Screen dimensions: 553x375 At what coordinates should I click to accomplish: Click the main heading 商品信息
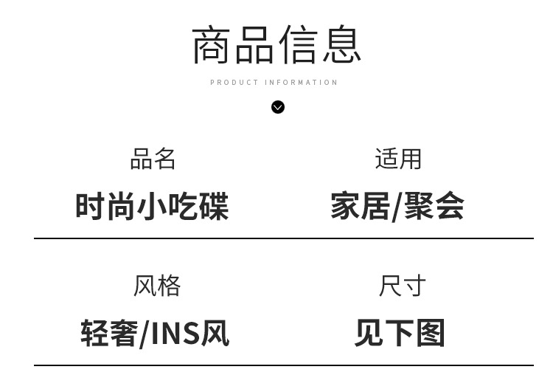tap(276, 44)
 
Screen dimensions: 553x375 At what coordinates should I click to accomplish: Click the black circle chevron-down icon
tap(278, 107)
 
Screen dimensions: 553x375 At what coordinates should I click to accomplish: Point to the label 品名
tap(153, 159)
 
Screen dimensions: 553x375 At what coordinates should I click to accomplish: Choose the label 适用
tap(398, 159)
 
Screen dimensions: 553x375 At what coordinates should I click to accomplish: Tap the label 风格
tap(156, 286)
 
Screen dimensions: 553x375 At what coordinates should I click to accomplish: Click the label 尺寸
tap(402, 286)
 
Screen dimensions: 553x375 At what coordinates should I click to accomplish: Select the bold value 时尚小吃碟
tap(152, 206)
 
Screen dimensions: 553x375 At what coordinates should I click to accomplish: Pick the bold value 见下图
tap(400, 333)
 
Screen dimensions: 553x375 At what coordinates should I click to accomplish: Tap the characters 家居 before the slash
tap(360, 206)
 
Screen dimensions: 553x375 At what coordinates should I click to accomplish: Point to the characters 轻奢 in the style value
tap(109, 334)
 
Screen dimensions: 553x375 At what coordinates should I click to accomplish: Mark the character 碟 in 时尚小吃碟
tap(213, 206)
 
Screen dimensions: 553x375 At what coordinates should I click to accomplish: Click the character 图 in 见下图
tap(431, 333)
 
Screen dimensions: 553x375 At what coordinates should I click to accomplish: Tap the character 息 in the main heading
tap(341, 44)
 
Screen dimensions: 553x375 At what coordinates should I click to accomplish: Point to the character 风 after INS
tap(215, 334)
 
